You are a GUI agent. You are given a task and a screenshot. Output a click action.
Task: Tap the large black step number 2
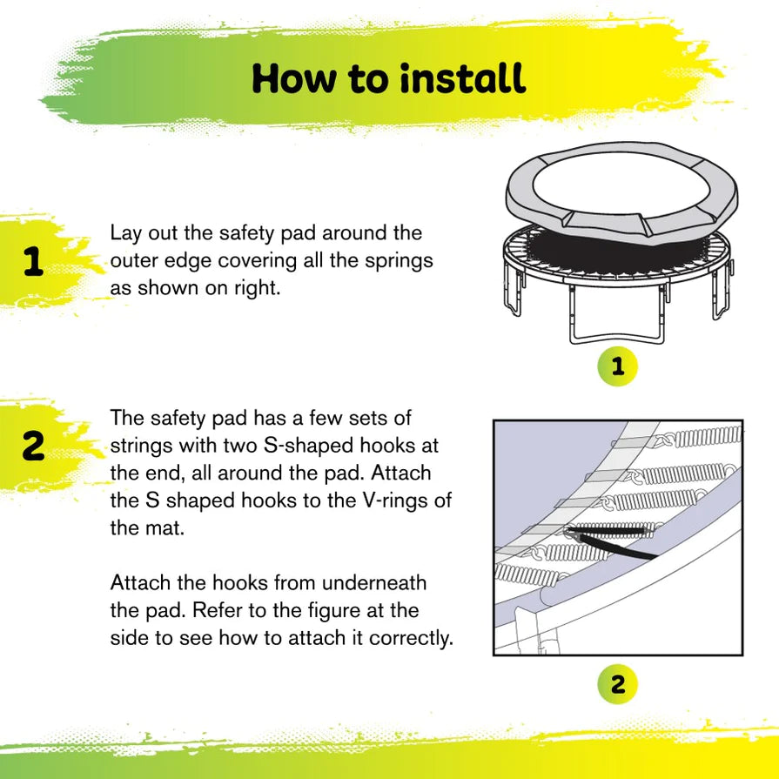[x=33, y=447]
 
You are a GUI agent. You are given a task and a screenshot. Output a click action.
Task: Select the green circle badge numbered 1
[x=617, y=367]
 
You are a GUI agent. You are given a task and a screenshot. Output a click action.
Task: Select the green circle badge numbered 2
[x=617, y=684]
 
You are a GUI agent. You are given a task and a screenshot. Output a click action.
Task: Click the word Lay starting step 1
[x=124, y=233]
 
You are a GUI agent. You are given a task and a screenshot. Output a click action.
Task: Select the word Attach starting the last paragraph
[x=137, y=582]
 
